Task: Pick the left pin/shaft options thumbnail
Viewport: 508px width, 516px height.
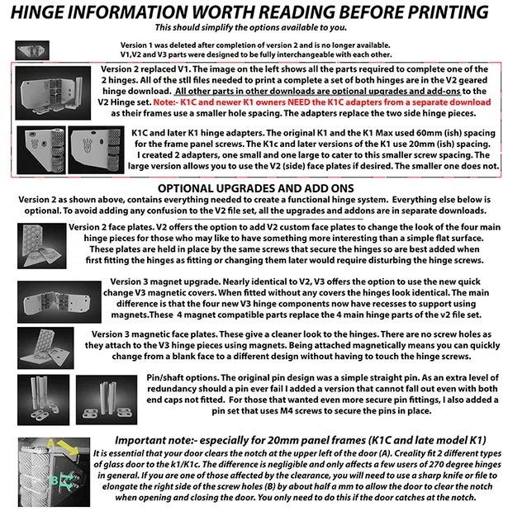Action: pos(32,395)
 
